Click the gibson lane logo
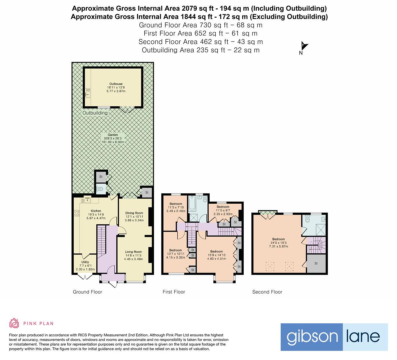(334, 337)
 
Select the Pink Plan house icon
(14, 323)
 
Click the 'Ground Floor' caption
(87, 292)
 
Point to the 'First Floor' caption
(174, 292)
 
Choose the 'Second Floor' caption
(267, 292)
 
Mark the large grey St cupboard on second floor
(316, 263)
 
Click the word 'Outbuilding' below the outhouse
(95, 113)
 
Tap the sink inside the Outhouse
(87, 95)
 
